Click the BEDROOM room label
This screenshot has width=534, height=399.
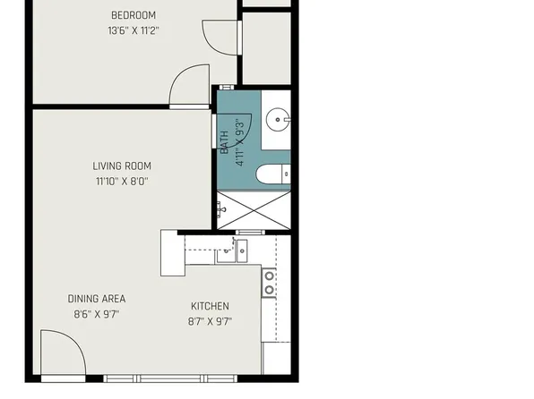click(x=133, y=15)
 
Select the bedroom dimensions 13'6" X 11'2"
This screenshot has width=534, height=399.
click(x=133, y=30)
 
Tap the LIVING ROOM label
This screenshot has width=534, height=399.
click(x=122, y=166)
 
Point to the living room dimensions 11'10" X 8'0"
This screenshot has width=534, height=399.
click(x=122, y=181)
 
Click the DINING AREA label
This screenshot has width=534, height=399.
click(x=96, y=299)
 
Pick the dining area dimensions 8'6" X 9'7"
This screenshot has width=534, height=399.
click(x=96, y=314)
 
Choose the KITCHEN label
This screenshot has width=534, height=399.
click(x=210, y=306)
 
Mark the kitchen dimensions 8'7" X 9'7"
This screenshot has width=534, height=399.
click(x=210, y=321)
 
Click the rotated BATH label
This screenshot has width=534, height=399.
click(x=225, y=143)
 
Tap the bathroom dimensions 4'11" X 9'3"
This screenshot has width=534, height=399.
click(x=239, y=143)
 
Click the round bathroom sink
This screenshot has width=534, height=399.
click(x=280, y=117)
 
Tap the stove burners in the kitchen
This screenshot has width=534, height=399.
click(x=269, y=283)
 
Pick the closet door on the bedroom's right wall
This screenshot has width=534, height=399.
click(x=220, y=36)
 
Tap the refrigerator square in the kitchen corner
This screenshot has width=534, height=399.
click(x=275, y=356)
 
